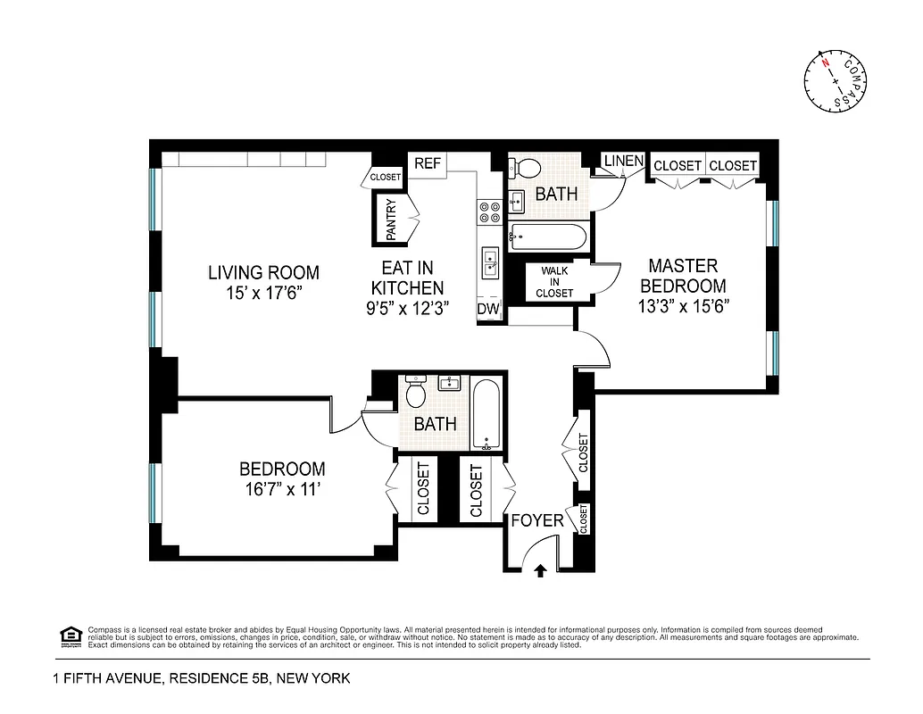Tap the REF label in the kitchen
[427, 164]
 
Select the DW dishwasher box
[487, 309]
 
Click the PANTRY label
[391, 220]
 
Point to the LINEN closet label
[623, 162]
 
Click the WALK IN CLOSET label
[554, 280]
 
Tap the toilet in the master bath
[527, 168]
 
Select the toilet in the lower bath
[416, 392]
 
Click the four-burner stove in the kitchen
[489, 212]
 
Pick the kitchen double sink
[490, 263]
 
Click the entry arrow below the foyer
[539, 570]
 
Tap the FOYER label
[536, 520]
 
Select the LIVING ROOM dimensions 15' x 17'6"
[263, 293]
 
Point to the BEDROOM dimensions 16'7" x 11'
[282, 489]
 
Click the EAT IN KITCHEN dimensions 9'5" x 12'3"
[407, 308]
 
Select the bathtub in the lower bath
[486, 415]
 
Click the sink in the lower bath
[450, 385]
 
